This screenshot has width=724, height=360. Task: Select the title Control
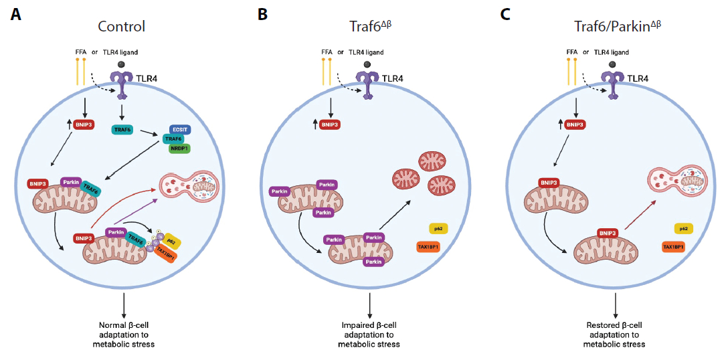121,27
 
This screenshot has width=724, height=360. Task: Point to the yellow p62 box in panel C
683,228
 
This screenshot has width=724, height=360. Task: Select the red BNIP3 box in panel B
329,124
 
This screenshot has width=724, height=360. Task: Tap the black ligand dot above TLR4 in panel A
121,64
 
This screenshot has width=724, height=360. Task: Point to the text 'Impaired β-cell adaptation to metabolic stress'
370,335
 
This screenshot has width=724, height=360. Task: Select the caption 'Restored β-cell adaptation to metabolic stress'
616,335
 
